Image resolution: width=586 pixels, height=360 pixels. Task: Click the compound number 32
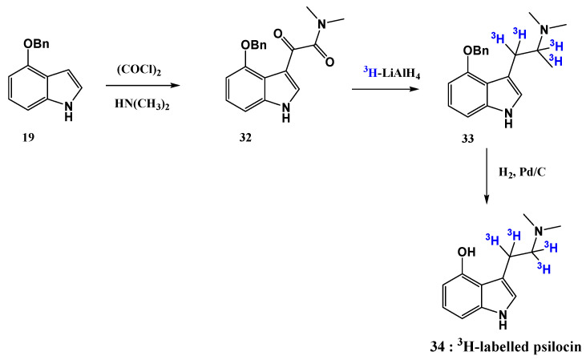(x=245, y=137)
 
